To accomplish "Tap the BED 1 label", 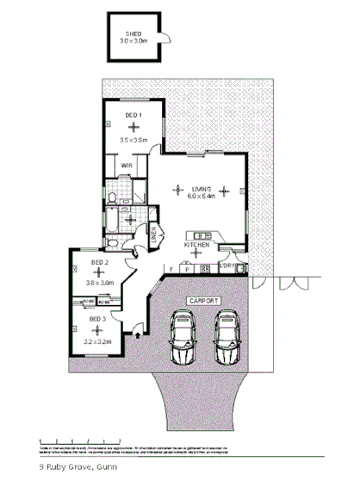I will pos(133,115).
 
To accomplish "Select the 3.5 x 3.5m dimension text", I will pos(133,140).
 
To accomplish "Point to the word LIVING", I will pos(201,188).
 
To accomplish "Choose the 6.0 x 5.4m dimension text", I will pos(201,197).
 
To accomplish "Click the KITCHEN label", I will pos(197,246).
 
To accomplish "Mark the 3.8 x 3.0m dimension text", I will pos(100,282).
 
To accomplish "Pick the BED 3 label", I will pos(97,320).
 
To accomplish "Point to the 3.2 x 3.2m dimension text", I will pos(98,341).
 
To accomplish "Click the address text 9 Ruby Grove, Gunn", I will pos(78,466).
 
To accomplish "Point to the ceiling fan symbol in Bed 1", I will pos(133,128).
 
